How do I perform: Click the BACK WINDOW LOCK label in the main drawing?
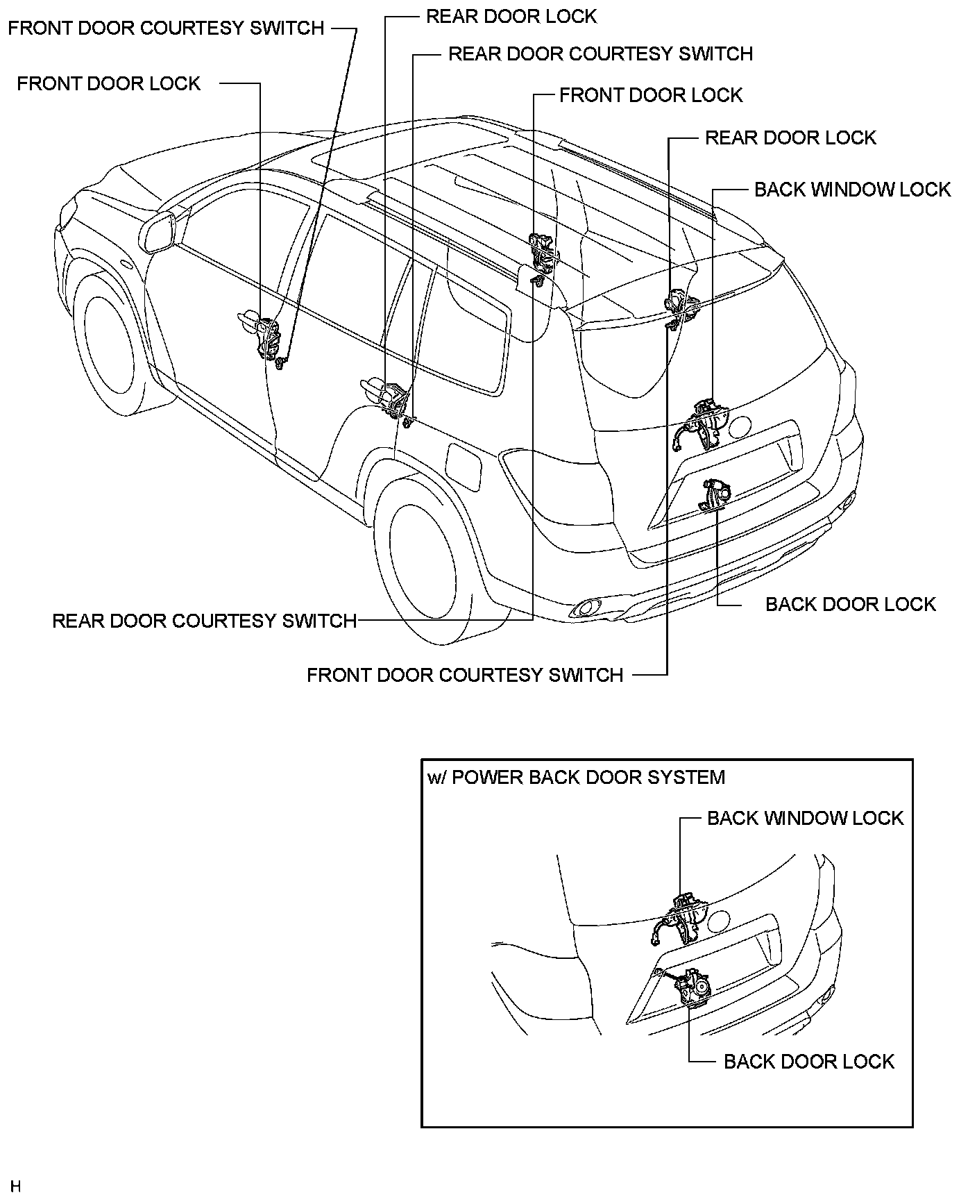(x=852, y=190)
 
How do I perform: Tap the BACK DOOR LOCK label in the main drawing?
(x=851, y=604)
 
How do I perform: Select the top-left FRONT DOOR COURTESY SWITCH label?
(x=167, y=28)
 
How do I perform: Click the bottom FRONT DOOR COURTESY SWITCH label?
(x=465, y=675)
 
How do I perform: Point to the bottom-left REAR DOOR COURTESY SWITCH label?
(x=205, y=621)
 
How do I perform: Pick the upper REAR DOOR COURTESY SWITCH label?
(x=600, y=54)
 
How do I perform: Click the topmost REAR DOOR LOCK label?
(x=511, y=16)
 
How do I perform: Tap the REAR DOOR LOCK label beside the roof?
(x=790, y=137)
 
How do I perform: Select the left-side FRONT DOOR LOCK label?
(x=109, y=84)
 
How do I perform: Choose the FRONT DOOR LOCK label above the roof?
(x=651, y=95)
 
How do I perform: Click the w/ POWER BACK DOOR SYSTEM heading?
(x=576, y=777)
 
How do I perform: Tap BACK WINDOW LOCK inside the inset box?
(x=805, y=818)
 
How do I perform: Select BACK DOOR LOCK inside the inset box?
(x=809, y=1062)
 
